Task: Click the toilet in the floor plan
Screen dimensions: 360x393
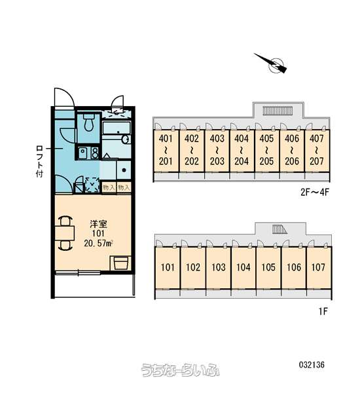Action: [88, 122]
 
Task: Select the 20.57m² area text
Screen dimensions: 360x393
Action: [98, 243]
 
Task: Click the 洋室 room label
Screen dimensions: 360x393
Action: [98, 223]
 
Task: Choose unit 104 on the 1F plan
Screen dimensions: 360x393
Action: [243, 268]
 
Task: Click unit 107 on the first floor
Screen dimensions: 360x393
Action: [319, 268]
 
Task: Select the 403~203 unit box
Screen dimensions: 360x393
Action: [217, 151]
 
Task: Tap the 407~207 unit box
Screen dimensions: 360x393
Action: [317, 151]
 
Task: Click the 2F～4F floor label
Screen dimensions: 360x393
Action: [315, 193]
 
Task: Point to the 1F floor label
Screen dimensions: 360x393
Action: [323, 311]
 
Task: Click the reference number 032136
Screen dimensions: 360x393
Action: [312, 365]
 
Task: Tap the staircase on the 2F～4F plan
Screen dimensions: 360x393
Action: [278, 110]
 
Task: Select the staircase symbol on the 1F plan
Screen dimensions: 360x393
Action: [279, 229]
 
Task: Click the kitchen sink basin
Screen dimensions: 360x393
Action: [82, 153]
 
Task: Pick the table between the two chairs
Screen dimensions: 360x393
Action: [65, 233]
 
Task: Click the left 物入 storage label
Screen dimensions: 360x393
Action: [109, 187]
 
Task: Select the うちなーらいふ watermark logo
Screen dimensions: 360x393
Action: [181, 370]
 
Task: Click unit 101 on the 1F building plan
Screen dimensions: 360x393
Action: [168, 268]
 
